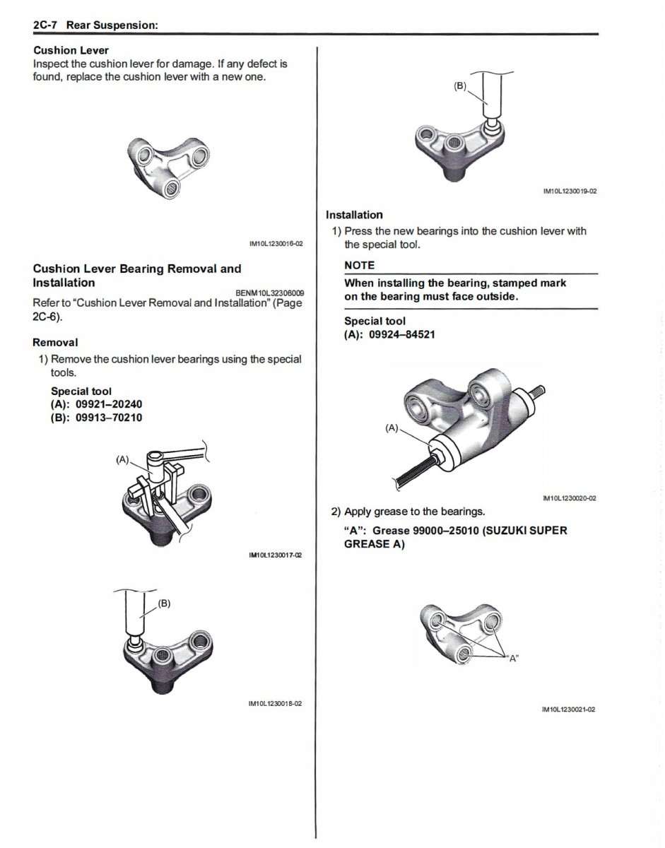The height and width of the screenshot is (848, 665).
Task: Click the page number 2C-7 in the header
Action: tap(45, 25)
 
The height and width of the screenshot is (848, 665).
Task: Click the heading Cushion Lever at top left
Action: tap(71, 51)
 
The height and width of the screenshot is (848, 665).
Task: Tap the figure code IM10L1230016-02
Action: tap(276, 244)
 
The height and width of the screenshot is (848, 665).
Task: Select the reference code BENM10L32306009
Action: tap(270, 293)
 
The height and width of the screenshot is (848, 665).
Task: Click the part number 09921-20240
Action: tap(108, 404)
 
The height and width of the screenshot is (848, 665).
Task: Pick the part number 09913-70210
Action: tap(108, 418)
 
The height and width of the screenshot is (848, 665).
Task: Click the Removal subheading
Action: tap(55, 342)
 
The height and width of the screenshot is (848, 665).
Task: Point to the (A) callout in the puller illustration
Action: tap(123, 460)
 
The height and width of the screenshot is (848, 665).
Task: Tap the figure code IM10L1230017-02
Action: tap(276, 556)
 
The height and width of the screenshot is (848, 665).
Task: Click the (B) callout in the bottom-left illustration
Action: tap(165, 603)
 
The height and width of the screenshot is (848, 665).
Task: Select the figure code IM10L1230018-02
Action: tap(276, 704)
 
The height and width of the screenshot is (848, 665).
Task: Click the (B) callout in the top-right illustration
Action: tap(460, 86)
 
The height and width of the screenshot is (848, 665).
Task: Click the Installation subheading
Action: tap(354, 215)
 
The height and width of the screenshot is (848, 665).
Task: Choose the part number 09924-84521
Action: tap(402, 334)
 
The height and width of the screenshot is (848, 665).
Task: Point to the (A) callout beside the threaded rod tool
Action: tap(392, 428)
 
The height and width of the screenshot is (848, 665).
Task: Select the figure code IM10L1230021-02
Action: tap(569, 709)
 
